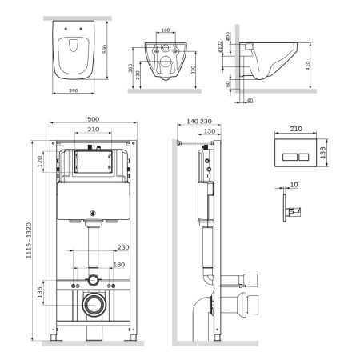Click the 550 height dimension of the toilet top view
tap(103, 47)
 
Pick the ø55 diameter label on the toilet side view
tap(227, 37)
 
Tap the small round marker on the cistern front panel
tap(93, 212)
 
